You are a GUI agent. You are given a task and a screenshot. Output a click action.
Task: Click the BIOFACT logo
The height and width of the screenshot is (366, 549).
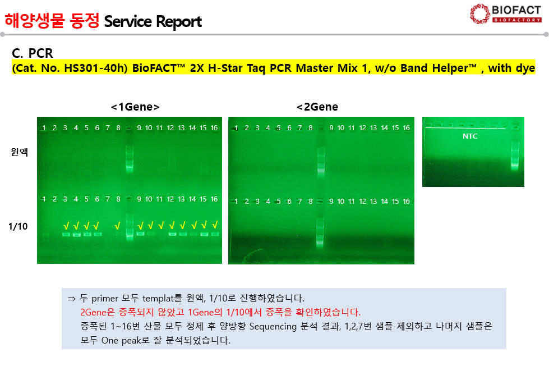coord(506,14)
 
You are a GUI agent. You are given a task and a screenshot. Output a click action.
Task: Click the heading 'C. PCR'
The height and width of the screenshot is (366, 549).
coord(32,53)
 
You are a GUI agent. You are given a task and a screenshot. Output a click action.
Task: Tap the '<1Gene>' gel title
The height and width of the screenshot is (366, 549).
coord(135,107)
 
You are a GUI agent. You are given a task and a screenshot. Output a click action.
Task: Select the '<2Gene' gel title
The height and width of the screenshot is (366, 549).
coord(317,107)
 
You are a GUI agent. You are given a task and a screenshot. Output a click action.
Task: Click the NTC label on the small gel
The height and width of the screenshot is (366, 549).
coord(470,136)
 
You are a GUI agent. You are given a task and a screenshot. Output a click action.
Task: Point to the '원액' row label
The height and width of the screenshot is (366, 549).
coord(19,152)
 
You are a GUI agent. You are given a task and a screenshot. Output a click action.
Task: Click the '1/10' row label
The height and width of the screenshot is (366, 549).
coord(18,226)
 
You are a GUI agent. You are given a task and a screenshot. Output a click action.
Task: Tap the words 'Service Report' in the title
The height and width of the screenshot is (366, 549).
coord(153,21)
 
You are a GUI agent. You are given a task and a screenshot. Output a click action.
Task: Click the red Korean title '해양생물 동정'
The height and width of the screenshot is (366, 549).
coord(52,21)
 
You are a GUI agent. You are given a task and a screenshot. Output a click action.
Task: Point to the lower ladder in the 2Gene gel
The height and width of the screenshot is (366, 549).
coord(320,231)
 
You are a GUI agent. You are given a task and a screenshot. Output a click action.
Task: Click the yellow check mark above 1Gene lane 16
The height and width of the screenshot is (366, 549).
coord(215,225)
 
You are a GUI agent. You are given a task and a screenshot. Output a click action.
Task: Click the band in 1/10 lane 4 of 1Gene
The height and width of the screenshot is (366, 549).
coord(76,235)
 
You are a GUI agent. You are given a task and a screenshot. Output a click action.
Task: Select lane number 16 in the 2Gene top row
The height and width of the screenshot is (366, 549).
coord(406,128)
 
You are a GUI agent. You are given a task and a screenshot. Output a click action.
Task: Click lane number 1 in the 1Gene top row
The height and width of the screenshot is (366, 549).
coord(44,128)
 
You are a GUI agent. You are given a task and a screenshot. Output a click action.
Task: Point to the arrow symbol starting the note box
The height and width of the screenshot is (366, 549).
coord(72,299)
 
